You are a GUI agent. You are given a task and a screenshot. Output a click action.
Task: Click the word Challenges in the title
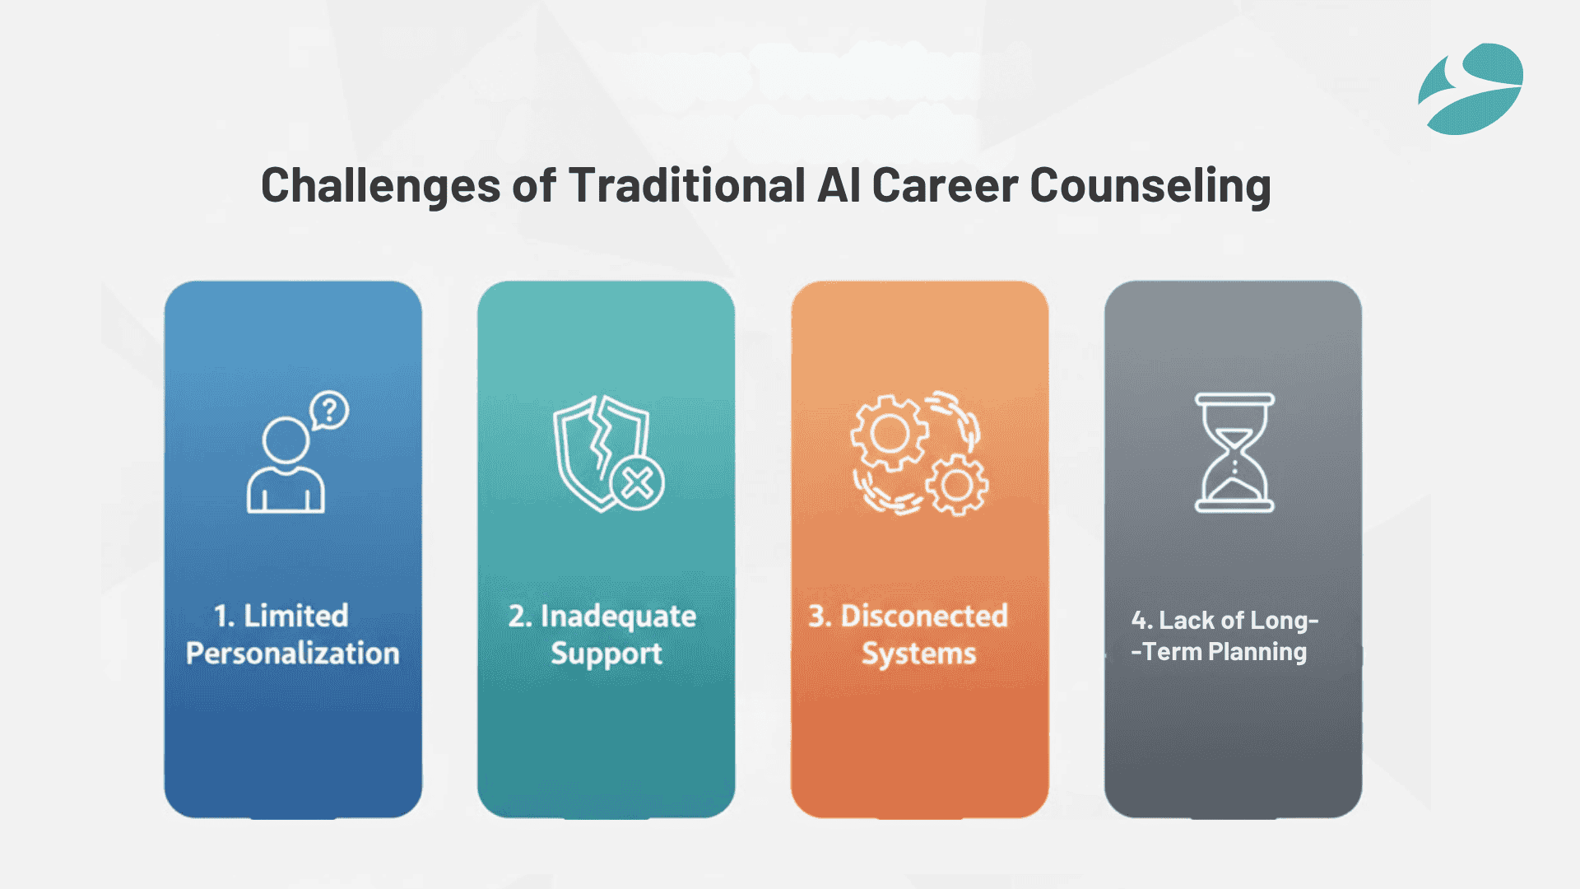(x=380, y=186)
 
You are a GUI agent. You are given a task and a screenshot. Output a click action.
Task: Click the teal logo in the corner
(x=1471, y=89)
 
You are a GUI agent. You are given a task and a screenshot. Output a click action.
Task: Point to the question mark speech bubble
(x=329, y=410)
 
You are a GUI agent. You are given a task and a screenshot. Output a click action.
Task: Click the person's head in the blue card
(x=286, y=440)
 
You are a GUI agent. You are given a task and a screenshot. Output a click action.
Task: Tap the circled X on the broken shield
(x=637, y=483)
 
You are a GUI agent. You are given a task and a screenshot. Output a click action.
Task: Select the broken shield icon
(x=601, y=449)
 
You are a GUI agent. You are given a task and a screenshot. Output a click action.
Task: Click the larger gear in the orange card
(x=889, y=433)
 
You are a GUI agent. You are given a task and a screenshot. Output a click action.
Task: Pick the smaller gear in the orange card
(x=957, y=485)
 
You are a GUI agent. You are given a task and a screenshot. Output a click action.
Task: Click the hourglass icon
(x=1234, y=453)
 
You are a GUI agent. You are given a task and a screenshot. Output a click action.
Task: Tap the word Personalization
(x=292, y=654)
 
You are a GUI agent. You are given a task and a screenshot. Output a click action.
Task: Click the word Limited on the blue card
(x=295, y=616)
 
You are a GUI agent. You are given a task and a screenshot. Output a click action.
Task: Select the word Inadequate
(x=618, y=617)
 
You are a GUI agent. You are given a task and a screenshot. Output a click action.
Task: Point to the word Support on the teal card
(x=606, y=654)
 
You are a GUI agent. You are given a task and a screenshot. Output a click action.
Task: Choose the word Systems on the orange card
(x=918, y=654)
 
